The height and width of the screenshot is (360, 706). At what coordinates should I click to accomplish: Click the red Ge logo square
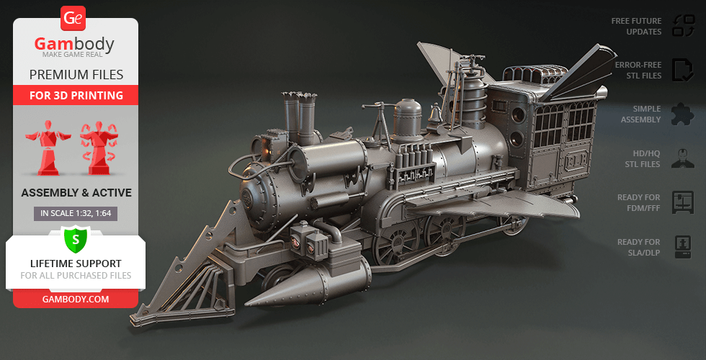pyautogui.click(x=73, y=18)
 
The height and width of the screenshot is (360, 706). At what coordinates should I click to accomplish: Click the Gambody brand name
pyautogui.click(x=74, y=44)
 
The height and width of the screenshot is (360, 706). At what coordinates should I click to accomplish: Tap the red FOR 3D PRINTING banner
pyautogui.click(x=76, y=95)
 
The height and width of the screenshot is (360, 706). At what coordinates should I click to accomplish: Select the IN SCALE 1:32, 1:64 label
pyautogui.click(x=76, y=214)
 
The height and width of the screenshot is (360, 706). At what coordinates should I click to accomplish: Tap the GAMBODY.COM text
pyautogui.click(x=76, y=299)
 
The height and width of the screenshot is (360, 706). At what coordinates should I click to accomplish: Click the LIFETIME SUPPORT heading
pyautogui.click(x=76, y=264)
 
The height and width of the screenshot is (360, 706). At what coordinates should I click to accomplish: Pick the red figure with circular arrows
pyautogui.click(x=99, y=147)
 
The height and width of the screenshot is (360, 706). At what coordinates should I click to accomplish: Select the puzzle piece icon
pyautogui.click(x=683, y=114)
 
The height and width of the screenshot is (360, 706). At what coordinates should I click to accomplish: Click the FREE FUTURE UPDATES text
pyautogui.click(x=636, y=26)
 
